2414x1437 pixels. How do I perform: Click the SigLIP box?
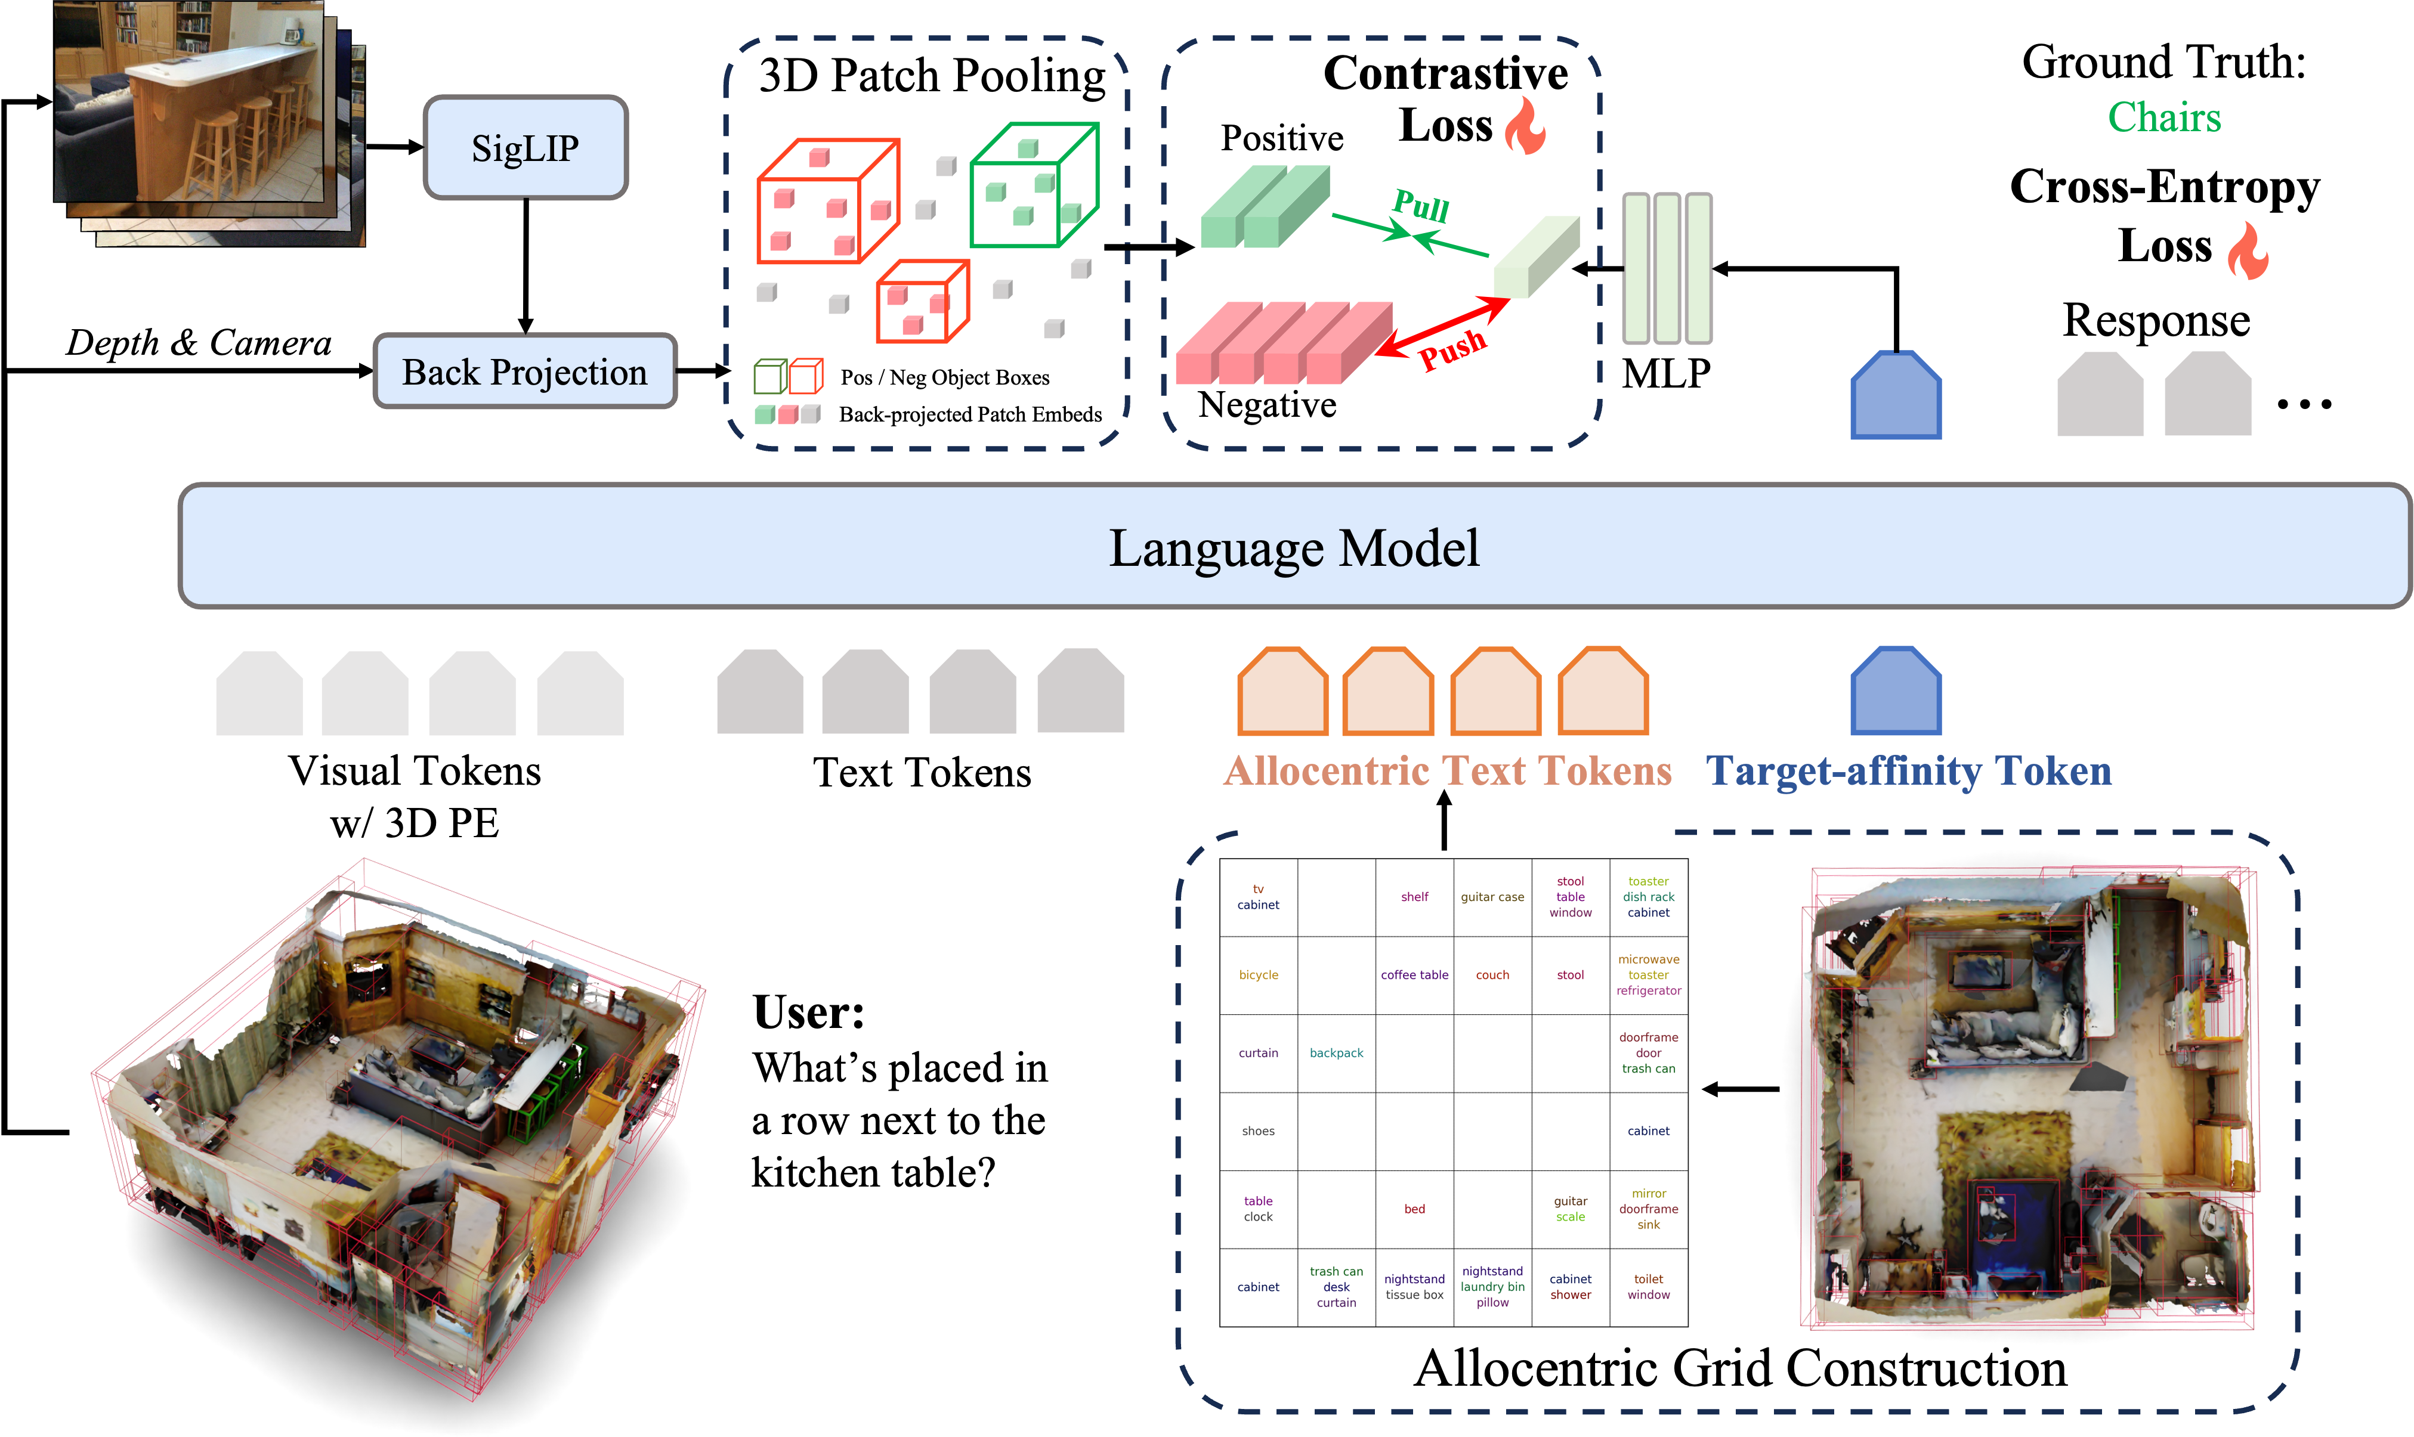[x=525, y=148]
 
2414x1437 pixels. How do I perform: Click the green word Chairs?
[x=2164, y=117]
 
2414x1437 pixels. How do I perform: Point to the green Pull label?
[x=1420, y=205]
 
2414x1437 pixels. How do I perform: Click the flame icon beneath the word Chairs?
[x=2248, y=251]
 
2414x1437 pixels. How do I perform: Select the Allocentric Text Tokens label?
[x=1447, y=771]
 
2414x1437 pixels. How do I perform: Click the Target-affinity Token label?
[x=1908, y=771]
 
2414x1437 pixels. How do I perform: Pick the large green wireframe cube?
[x=1034, y=186]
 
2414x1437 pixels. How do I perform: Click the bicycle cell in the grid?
[x=1259, y=975]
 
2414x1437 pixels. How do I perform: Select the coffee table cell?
[x=1414, y=975]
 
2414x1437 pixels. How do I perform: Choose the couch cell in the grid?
[x=1492, y=975]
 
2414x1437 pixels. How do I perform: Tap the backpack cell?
[x=1336, y=1052]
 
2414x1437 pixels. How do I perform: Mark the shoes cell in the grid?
[x=1259, y=1131]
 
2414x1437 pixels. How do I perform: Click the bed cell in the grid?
[x=1414, y=1209]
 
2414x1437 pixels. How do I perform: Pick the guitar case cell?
[x=1492, y=897]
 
